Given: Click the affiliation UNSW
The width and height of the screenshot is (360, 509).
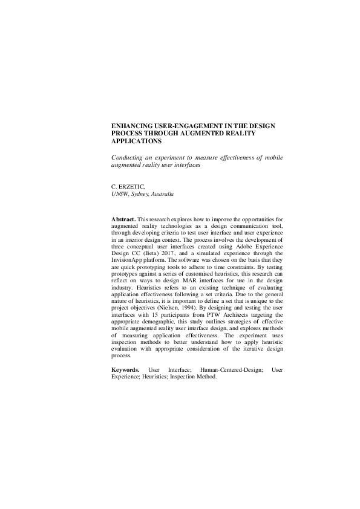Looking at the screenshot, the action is [x=120, y=195].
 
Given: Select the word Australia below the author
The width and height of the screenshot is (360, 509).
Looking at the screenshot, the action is [x=163, y=195].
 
